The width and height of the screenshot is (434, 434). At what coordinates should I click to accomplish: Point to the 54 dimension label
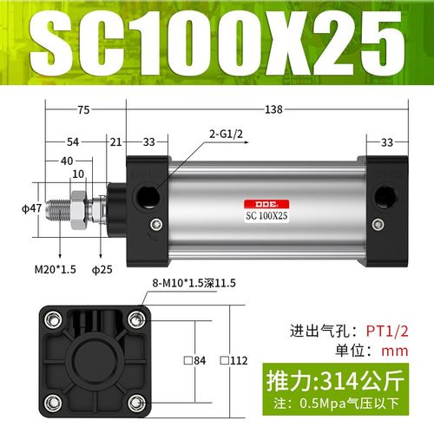coord(75,141)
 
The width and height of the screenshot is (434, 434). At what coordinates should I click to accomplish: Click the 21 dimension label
coord(115,141)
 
